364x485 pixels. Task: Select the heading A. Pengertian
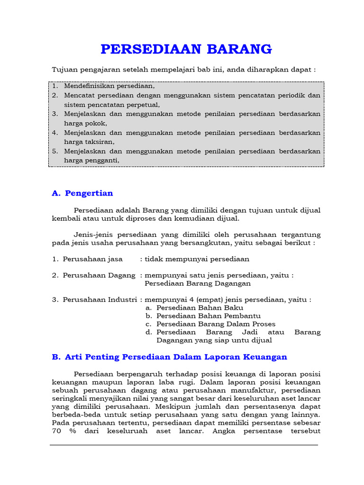tap(82, 193)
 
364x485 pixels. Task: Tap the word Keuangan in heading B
tap(265, 357)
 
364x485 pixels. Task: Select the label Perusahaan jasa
tap(93, 259)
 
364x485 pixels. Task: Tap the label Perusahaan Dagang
tap(99, 276)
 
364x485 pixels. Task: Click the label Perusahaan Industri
tap(100, 300)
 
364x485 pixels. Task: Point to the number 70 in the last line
tap(56, 431)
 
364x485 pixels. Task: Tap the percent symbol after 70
tap(73, 431)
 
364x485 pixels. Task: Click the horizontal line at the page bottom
tap(184, 445)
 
